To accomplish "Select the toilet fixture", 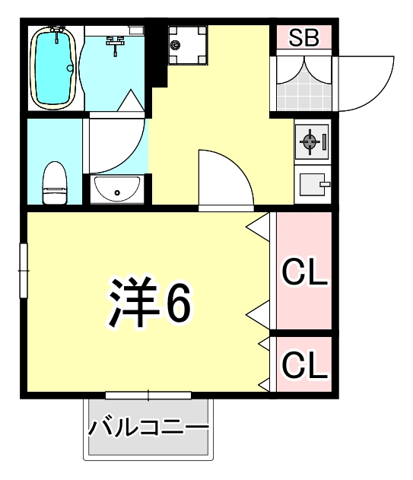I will click(54, 183).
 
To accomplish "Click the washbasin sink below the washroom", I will click(116, 188).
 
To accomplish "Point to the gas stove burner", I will click(310, 140).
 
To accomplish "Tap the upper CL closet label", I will click(304, 272).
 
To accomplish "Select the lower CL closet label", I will click(304, 364).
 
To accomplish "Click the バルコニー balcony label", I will click(148, 428).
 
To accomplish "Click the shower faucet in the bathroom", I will click(116, 43).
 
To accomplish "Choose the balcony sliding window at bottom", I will click(148, 395).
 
